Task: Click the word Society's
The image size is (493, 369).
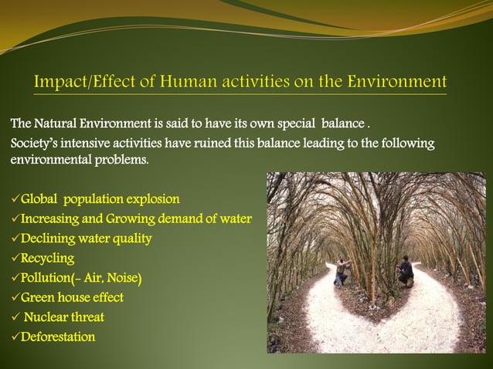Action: pyautogui.click(x=34, y=144)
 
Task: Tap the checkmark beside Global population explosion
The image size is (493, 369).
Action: pyautogui.click(x=15, y=199)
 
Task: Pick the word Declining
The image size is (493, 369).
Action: pyautogui.click(x=46, y=239)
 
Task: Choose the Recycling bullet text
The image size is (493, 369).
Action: pyautogui.click(x=47, y=259)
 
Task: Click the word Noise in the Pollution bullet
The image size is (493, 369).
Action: pyautogui.click(x=124, y=278)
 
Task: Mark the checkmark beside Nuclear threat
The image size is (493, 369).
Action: pyautogui.click(x=15, y=317)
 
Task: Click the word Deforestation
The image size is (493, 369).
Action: pyautogui.click(x=58, y=337)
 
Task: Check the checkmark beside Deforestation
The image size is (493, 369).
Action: pyautogui.click(x=15, y=337)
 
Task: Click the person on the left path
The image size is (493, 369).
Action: pyautogui.click(x=342, y=273)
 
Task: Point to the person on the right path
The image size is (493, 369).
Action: pyautogui.click(x=405, y=273)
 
